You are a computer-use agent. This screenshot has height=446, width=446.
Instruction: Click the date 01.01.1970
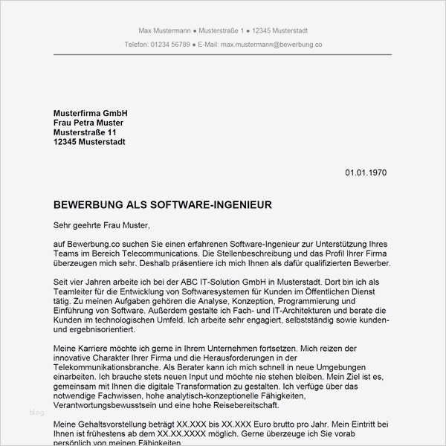point(366,172)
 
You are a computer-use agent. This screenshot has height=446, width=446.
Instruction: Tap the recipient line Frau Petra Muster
point(88,122)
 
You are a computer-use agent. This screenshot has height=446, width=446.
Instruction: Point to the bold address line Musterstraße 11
point(85,132)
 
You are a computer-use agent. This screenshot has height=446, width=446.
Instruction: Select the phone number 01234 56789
point(169,45)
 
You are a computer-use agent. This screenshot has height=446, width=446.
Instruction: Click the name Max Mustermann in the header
point(164,30)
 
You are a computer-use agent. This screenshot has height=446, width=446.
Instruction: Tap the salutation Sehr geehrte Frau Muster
point(102,224)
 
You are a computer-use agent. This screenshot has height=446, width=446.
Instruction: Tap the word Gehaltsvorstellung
point(103,424)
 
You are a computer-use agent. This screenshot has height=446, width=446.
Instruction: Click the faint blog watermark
point(36,412)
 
